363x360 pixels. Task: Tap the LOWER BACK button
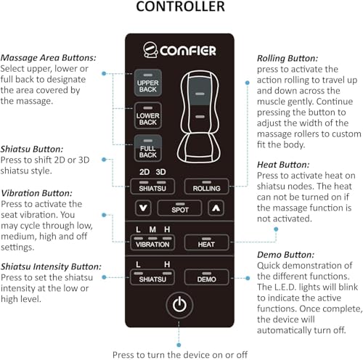pos(148,115)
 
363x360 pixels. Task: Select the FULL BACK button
pos(148,148)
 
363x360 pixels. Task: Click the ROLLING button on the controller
pos(206,187)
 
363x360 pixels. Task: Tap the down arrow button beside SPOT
pos(143,208)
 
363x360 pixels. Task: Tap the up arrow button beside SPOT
pos(216,208)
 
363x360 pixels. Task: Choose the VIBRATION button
pos(152,242)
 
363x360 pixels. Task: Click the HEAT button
pos(206,242)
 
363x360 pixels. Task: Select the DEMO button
pos(206,277)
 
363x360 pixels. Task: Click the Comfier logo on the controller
pos(179,50)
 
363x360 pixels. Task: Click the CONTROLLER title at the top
pos(181,7)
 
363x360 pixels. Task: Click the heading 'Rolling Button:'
pos(287,58)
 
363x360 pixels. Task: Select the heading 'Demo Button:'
pos(286,255)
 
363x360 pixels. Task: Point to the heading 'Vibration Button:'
pos(36,193)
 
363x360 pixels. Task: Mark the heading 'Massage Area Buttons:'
pos(48,58)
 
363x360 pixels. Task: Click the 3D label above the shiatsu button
pos(160,172)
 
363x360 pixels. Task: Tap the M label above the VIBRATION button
pos(152,229)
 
